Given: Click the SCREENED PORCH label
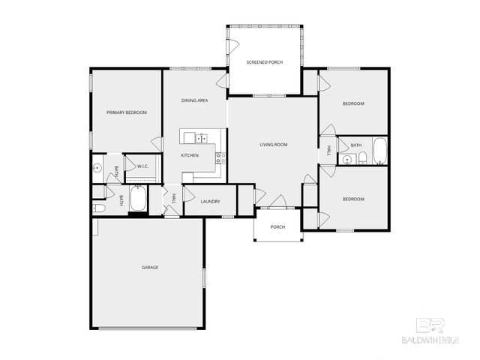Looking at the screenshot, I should [x=265, y=61].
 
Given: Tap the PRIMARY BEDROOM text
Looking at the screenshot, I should [x=126, y=112].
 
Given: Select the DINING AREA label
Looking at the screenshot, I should [x=195, y=100].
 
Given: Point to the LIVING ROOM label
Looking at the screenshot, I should [x=274, y=145].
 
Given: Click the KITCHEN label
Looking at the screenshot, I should [x=190, y=155].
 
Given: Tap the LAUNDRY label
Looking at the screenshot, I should [x=210, y=201].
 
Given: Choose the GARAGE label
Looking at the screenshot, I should [x=150, y=268].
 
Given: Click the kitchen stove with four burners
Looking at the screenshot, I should [x=220, y=157].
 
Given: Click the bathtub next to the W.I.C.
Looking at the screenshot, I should [x=139, y=199].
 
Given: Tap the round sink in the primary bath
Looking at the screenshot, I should [x=97, y=168].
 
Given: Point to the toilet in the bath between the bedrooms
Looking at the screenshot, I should [x=361, y=157].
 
